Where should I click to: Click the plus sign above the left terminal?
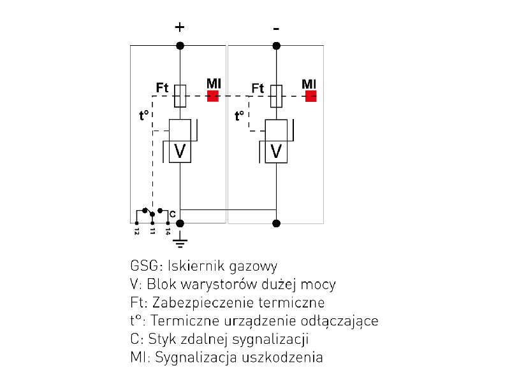click(x=180, y=27)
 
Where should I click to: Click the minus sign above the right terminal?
click(x=276, y=28)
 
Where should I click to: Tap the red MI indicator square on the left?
click(x=213, y=96)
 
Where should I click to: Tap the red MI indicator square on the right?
click(x=311, y=96)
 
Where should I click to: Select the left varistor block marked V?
click(x=180, y=151)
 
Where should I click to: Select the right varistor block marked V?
click(x=276, y=151)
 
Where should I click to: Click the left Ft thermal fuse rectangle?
click(x=180, y=95)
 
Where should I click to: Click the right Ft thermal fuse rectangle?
click(x=276, y=95)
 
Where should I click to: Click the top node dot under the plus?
click(x=180, y=45)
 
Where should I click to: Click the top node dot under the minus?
click(x=276, y=45)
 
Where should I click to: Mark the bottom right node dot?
click(x=276, y=223)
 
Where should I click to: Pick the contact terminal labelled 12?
click(x=136, y=223)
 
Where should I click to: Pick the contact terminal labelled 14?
click(x=168, y=223)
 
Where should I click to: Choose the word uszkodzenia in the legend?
click(x=282, y=357)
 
